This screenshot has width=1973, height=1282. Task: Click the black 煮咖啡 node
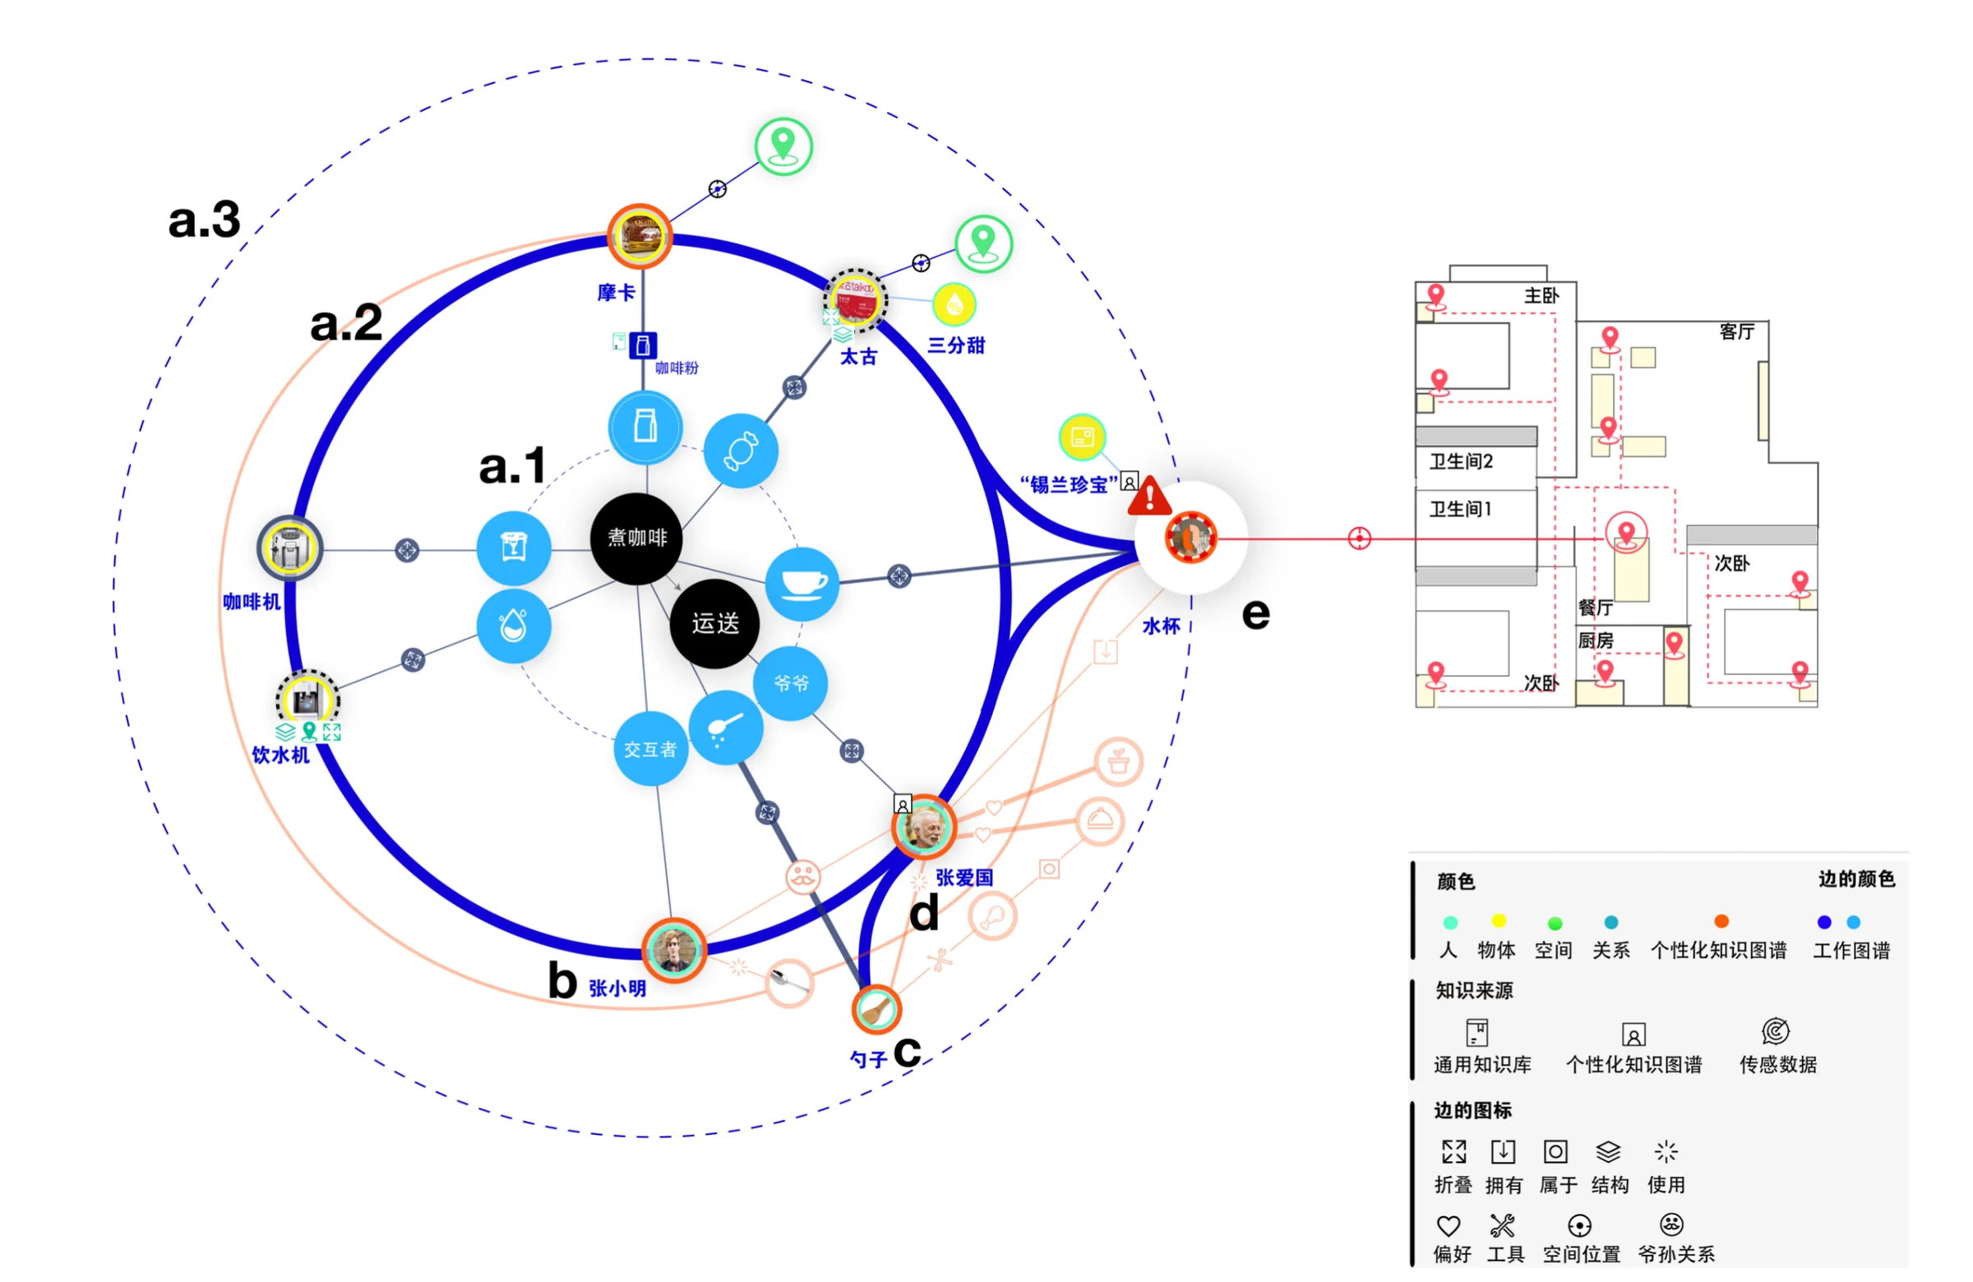pos(635,538)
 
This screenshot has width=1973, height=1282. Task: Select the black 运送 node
pos(714,622)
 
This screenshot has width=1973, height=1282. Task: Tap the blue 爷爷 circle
pos(790,683)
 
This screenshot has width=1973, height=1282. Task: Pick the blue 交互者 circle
pos(650,749)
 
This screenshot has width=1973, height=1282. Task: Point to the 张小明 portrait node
pos(674,950)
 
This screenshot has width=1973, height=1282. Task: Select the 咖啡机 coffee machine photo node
pos(289,548)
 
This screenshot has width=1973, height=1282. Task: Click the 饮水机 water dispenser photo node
pos(307,701)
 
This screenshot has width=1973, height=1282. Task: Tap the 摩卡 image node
pos(639,236)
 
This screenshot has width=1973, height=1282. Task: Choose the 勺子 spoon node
pos(876,1008)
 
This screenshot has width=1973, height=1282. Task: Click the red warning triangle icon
pos(1149,498)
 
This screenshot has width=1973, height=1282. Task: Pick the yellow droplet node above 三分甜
pos(954,305)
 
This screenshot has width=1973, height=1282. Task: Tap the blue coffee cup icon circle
pos(802,583)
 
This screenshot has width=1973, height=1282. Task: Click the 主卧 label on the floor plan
pos(1541,295)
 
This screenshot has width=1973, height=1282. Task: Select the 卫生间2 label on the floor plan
pos(1460,461)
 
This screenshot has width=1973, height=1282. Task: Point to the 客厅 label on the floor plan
pos(1736,331)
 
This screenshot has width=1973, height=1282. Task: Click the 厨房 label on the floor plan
pos(1595,640)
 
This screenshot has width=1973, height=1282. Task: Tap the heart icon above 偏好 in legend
pos(1448,1224)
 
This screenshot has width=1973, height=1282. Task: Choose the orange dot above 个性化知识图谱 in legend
pos(1721,921)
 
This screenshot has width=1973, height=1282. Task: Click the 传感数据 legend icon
pos(1776,1031)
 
